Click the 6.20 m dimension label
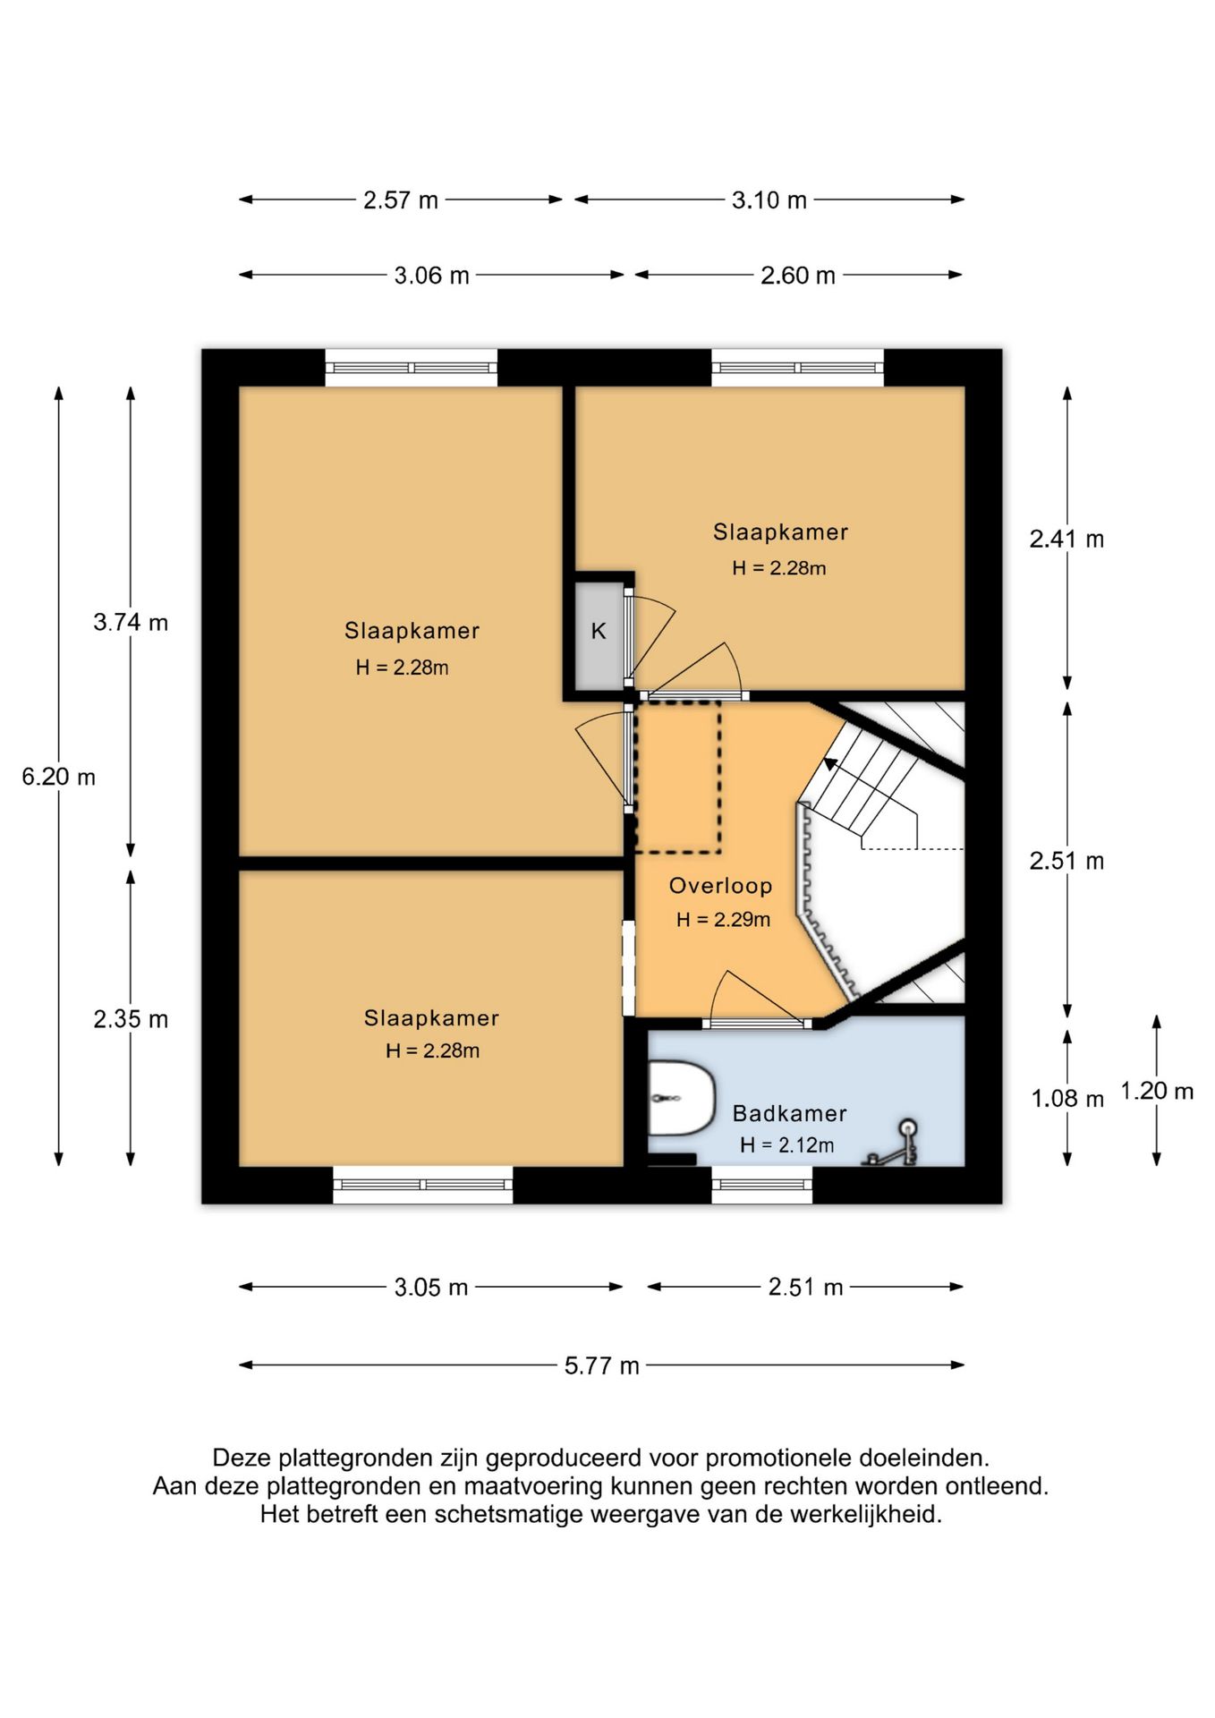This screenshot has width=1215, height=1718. (59, 777)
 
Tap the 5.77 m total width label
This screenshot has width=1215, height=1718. (601, 1365)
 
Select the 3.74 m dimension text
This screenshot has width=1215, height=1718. (131, 622)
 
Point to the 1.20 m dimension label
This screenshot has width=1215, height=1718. (1157, 1091)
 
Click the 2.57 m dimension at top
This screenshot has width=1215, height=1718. (401, 200)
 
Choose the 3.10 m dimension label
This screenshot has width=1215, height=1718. (769, 200)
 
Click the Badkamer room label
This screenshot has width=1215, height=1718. (789, 1113)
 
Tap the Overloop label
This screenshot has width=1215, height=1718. (720, 886)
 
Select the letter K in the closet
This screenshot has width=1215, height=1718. (599, 631)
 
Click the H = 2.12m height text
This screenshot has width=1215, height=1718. (787, 1144)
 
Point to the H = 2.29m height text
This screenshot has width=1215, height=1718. (723, 919)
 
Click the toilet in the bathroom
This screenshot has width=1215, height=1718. (681, 1098)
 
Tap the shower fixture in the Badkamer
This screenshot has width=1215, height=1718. (891, 1144)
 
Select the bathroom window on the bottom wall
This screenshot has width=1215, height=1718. (762, 1185)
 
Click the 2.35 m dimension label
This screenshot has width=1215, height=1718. (131, 1019)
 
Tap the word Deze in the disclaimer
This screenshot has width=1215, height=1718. (242, 1459)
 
